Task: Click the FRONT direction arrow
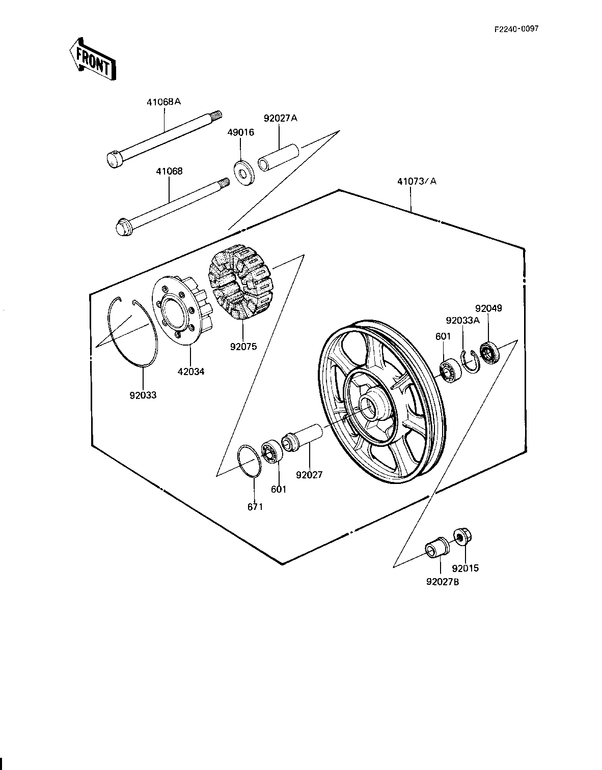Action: (93, 59)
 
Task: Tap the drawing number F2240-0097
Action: (516, 28)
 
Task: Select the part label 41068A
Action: (164, 102)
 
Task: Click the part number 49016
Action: (241, 132)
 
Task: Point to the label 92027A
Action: (281, 119)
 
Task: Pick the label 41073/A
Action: (417, 181)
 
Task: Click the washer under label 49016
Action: (244, 174)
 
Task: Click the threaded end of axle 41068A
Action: (216, 116)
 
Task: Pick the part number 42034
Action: (191, 372)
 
